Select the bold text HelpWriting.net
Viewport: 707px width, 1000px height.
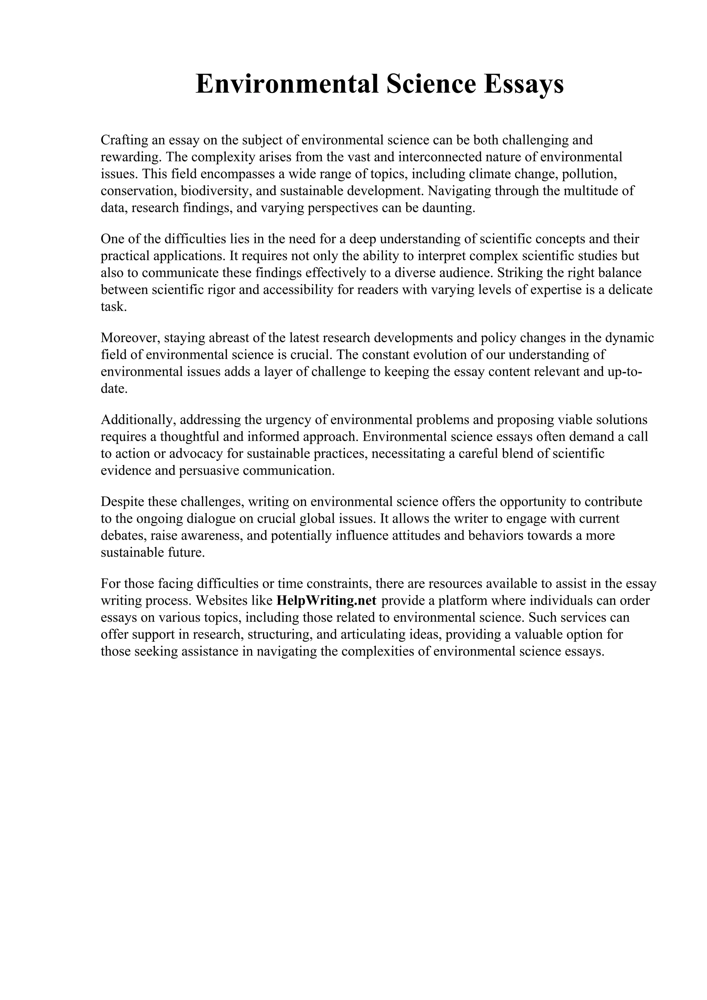click(x=326, y=601)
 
